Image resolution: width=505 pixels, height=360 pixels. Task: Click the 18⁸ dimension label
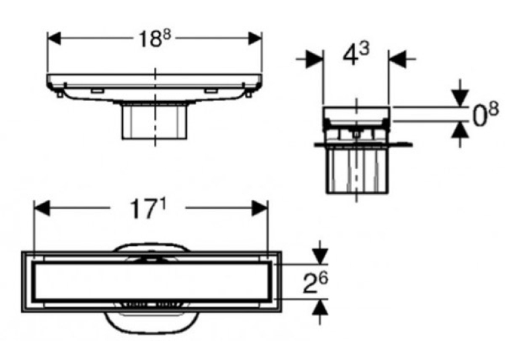154,39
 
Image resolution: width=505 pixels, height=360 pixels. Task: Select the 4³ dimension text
356,54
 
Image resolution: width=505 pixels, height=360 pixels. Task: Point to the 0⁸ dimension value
485,114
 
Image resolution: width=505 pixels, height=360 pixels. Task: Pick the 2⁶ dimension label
315,282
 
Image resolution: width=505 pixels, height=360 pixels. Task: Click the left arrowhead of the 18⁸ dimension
53,38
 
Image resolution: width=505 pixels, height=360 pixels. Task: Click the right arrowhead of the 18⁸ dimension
255,38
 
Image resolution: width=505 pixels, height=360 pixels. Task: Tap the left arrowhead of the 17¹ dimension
42,208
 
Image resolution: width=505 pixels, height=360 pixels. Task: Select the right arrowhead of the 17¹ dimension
260,208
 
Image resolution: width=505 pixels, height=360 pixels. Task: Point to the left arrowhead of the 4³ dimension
315,59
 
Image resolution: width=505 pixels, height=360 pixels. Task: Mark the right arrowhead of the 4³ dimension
397,59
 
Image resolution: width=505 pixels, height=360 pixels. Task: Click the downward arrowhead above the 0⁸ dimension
460,98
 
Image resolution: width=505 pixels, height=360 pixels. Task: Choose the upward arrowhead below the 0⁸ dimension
460,130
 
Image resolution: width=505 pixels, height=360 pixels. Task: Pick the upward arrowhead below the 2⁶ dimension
320,306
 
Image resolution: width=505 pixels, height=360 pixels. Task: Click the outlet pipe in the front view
154,121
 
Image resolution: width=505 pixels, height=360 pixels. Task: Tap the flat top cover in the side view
356,113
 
